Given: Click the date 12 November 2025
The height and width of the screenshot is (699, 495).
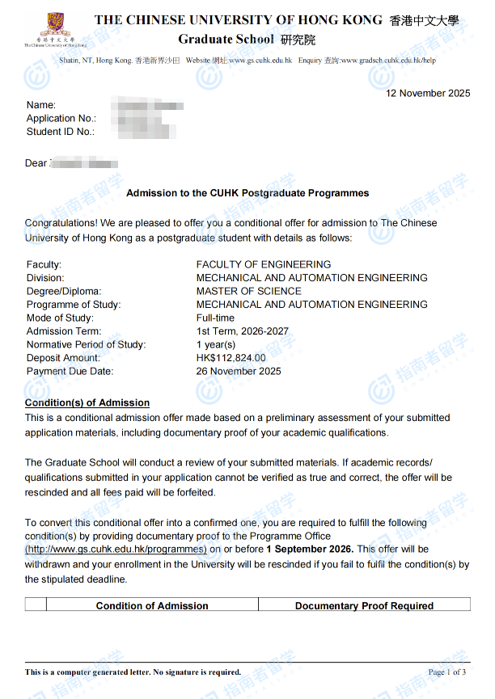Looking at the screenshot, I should click(x=427, y=93).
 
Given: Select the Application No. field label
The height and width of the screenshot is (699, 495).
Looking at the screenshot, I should click(x=61, y=118).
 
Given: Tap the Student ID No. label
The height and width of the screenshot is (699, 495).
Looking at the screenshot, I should click(x=60, y=131).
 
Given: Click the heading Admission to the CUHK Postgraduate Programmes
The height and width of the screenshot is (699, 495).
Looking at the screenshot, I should click(x=247, y=193).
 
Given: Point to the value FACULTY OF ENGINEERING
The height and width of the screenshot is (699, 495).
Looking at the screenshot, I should click(x=264, y=264).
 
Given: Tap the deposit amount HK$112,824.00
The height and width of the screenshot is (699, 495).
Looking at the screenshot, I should click(x=231, y=358).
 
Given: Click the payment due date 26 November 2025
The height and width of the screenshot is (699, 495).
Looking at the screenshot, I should click(x=239, y=371).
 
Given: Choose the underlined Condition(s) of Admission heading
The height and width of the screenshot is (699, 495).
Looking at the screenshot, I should click(x=87, y=402).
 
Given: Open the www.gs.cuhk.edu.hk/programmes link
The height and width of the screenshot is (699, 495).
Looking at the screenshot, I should click(x=116, y=549).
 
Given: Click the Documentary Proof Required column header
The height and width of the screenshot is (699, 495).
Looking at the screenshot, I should click(x=364, y=605).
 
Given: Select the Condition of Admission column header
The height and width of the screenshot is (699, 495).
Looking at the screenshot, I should click(x=152, y=605).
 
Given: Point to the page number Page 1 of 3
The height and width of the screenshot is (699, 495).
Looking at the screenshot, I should click(x=446, y=672).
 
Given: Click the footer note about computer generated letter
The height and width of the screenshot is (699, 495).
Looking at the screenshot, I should click(x=133, y=672).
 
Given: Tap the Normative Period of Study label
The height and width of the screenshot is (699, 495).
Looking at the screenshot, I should click(x=86, y=344).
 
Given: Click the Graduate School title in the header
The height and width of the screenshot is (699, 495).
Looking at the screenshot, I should click(x=226, y=39).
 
